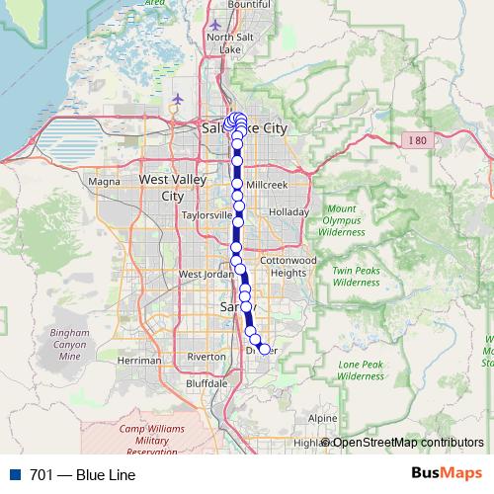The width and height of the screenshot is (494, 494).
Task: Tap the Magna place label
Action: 104,181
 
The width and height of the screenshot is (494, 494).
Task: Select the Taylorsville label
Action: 206,214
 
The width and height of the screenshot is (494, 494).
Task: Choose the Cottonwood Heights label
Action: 293,266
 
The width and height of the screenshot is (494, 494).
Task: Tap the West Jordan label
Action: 204,274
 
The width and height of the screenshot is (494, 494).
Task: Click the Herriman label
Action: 138,361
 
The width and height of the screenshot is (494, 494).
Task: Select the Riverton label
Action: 206,357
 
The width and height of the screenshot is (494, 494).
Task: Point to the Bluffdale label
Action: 207,383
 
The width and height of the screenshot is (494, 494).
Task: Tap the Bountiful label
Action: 249,5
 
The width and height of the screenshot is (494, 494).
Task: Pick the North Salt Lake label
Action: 224,42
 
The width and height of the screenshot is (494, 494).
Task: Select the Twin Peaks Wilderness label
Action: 356,277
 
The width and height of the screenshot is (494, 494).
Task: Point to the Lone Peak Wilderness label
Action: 361,370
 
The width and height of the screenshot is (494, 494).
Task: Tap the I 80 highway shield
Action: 418,141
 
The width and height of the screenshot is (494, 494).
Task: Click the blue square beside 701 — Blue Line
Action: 14,474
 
